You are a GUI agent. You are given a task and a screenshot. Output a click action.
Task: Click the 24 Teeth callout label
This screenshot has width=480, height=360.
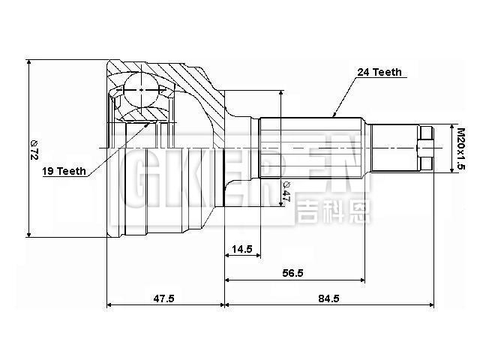380,73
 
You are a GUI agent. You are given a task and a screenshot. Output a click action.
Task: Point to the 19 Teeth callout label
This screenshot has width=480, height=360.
64,171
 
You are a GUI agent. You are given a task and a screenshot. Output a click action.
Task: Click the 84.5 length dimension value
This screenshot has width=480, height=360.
328,298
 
